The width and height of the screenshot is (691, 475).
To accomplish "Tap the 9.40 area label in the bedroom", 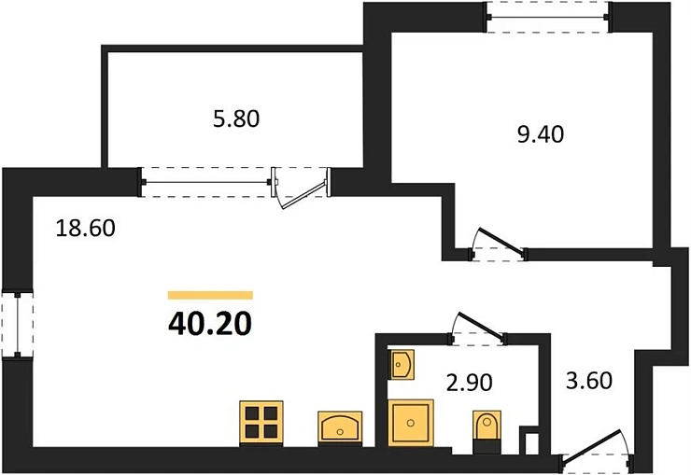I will pos(541,133).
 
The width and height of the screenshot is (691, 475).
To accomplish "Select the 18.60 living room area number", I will pos(84,228).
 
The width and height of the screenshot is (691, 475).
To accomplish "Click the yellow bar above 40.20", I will pos(211,295).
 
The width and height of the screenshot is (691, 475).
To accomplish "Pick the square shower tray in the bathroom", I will pos(411,422).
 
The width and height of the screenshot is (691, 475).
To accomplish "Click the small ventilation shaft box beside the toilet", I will pos(529,440).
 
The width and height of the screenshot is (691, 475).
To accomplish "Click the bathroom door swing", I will pos(477,325).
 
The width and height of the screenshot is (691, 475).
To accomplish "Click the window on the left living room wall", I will pos(16,324).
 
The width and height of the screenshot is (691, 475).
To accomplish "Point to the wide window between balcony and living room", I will pos(206,181).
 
